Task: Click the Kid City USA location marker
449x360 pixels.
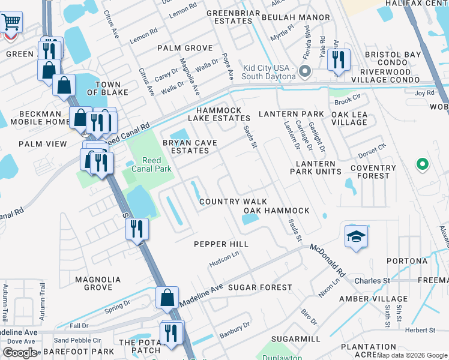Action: pyautogui.click(x=304, y=72)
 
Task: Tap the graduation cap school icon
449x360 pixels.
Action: pyautogui.click(x=356, y=237)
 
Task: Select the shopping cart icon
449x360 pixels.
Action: pyautogui.click(x=11, y=23)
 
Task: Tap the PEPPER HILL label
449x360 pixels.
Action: pyautogui.click(x=221, y=244)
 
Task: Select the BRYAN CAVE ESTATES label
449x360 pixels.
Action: pyautogui.click(x=186, y=146)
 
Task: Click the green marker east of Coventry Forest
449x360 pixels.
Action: pyautogui.click(x=422, y=163)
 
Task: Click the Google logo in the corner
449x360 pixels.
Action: pyautogui.click(x=20, y=353)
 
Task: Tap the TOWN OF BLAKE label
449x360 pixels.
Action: pyautogui.click(x=104, y=88)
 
